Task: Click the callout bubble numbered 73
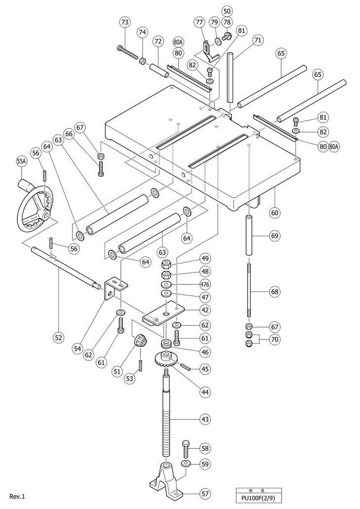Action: tap(125, 22)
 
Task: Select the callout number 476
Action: tap(205, 284)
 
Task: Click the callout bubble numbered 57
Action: tap(205, 494)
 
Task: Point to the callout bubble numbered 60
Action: tap(275, 213)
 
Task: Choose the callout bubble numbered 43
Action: tap(205, 419)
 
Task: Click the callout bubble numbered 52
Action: tap(59, 338)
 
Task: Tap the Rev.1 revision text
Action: tap(17, 496)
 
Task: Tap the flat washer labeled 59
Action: tap(186, 463)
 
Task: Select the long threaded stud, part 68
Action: tap(249, 291)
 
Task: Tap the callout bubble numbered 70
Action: tap(275, 339)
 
